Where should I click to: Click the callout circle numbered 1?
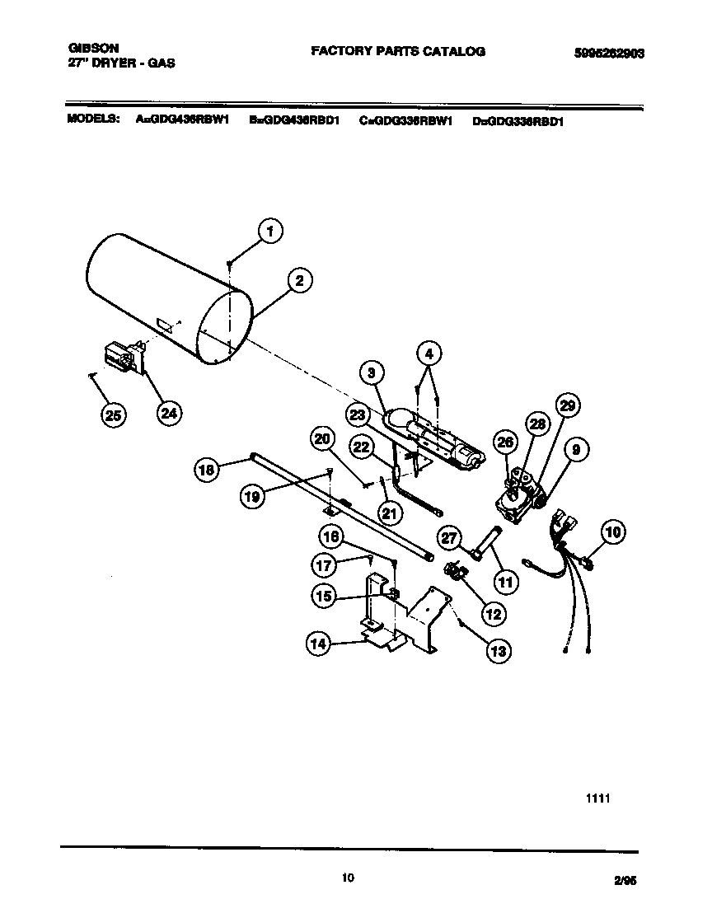point(269,232)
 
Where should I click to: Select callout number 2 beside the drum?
point(299,281)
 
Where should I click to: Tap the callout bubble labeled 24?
point(167,414)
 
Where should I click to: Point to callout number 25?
point(114,416)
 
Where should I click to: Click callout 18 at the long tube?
point(208,471)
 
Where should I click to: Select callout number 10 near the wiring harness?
point(613,532)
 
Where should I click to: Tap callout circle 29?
point(567,406)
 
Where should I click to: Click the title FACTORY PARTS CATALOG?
point(397,51)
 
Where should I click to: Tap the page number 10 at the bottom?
point(348,878)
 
